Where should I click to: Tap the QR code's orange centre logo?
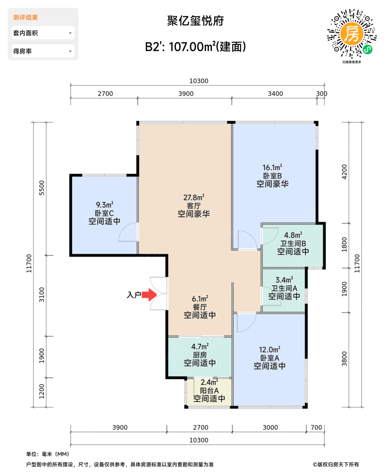tap(352, 34)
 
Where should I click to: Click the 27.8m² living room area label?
tap(194, 197)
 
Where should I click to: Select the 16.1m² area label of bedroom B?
tap(272, 167)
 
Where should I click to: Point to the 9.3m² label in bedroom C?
tap(104, 205)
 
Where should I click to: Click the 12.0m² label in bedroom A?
tap(270, 349)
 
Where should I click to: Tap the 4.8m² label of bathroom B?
tap(293, 235)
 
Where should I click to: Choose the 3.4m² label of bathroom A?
tap(284, 280)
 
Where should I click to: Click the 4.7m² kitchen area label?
tap(200, 346)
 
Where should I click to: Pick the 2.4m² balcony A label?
tap(209, 382)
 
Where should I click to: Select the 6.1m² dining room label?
tap(200, 299)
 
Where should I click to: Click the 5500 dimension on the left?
tap(42, 188)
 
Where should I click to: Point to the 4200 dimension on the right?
tap(344, 172)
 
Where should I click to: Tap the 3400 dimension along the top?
tap(275, 94)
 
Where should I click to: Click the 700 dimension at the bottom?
tap(316, 427)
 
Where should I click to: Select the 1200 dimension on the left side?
tap(42, 391)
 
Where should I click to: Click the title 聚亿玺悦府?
tap(195, 21)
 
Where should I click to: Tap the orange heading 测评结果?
tap(25, 18)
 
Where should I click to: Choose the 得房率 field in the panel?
tap(43, 51)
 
